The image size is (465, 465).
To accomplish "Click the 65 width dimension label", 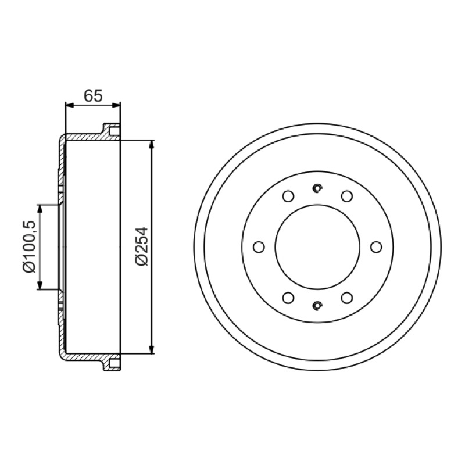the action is pos(93,95).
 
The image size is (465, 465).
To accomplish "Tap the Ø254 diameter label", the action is pos(141,246).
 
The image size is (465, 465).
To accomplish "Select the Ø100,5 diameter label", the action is pos(28,246).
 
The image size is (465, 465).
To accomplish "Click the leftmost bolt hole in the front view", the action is pos(259,247).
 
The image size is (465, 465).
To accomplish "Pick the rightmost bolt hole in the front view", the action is pos(376,247).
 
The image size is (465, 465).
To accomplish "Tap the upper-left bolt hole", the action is pos(288,196).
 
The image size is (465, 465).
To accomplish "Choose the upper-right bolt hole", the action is pos(347,196).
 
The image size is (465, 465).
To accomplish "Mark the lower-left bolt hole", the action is pos(288,298).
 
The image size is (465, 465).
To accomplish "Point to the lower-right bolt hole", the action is pos(347,298).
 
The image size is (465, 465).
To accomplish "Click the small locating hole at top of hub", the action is pos(317,188).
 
